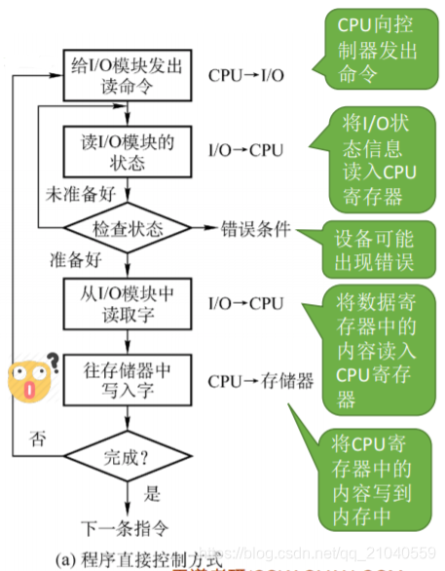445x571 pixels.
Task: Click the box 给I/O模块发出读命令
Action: [126, 74]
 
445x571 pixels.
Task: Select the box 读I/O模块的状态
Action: [126, 151]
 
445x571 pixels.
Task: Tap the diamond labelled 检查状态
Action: [127, 230]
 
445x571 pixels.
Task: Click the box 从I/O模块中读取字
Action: [126, 303]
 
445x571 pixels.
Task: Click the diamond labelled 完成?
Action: [127, 456]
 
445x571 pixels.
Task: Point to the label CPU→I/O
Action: [246, 74]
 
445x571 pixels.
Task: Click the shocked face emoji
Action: [29, 379]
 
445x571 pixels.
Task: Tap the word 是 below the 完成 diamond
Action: [154, 494]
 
